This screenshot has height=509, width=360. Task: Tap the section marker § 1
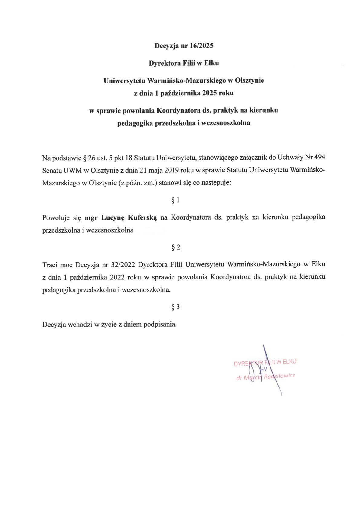175,200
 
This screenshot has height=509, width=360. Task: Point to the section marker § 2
175,247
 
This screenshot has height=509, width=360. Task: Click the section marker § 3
175,307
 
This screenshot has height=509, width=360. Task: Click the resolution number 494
320,158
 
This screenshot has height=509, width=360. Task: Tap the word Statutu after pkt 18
144,158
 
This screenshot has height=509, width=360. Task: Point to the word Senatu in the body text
52,170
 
